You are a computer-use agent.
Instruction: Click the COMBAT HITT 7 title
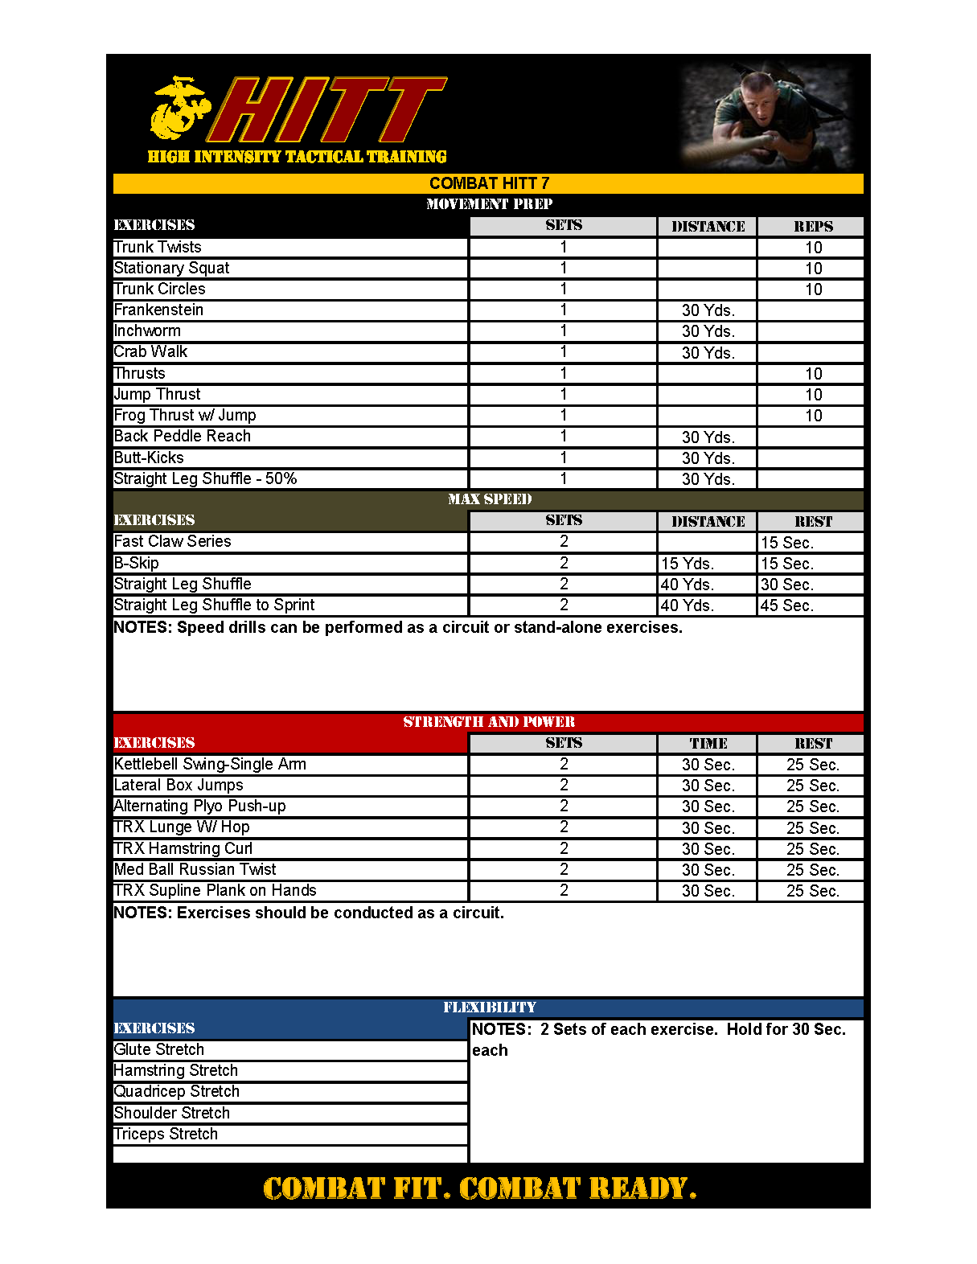[x=489, y=183]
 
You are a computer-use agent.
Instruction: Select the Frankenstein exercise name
[x=158, y=310]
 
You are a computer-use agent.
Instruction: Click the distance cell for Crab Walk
[x=708, y=352]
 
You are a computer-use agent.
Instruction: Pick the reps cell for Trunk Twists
[x=813, y=248]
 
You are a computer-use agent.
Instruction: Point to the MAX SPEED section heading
[x=489, y=499]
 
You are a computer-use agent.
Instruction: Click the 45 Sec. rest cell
[x=787, y=605]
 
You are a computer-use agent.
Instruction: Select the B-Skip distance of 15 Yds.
[x=687, y=564]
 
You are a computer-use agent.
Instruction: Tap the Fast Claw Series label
[x=172, y=542]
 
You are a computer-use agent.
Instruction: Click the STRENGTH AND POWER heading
[x=489, y=722]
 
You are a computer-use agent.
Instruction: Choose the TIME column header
[x=708, y=744]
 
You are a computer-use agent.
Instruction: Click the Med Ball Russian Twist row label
[x=195, y=870]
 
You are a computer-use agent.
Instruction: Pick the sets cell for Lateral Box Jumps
[x=564, y=786]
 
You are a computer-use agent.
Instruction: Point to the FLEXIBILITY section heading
[x=489, y=1008]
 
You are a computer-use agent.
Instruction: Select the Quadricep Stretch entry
[x=177, y=1092]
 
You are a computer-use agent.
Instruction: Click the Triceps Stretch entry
[x=166, y=1135]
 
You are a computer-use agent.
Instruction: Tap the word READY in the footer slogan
[x=642, y=1188]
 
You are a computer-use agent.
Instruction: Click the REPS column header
[x=813, y=227]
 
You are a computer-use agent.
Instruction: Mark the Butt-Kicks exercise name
[x=149, y=458]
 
